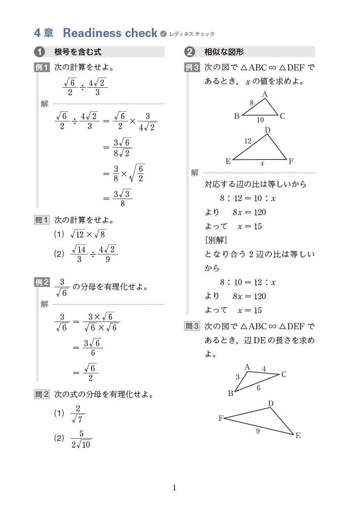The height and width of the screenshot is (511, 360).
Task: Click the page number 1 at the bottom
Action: [174, 488]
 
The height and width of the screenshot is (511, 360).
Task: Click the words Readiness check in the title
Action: [110, 33]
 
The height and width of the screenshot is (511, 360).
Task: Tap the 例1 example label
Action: [42, 67]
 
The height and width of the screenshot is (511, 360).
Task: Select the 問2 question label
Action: [42, 394]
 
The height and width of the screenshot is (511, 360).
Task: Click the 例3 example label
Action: [192, 67]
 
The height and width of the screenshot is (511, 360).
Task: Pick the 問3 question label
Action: [192, 326]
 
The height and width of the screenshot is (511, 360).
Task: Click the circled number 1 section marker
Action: [40, 52]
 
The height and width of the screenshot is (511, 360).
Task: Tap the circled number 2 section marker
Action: [190, 52]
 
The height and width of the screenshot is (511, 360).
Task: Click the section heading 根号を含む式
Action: [78, 52]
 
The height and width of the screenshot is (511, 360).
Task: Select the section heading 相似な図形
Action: [224, 52]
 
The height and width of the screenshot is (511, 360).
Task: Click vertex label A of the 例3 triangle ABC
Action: [265, 95]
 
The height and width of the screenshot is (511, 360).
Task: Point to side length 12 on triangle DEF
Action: [248, 141]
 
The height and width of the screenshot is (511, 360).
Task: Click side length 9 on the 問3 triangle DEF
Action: [258, 431]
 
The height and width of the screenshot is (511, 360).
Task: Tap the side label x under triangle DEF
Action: [262, 164]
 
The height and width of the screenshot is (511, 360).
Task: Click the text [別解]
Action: [216, 240]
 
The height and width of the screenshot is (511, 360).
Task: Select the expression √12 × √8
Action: [88, 234]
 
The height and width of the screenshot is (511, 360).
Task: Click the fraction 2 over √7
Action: [77, 414]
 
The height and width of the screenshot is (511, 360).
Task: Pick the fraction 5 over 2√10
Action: [81, 439]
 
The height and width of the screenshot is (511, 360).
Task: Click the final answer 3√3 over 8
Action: [122, 198]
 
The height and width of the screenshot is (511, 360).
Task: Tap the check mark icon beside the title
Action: [163, 33]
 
